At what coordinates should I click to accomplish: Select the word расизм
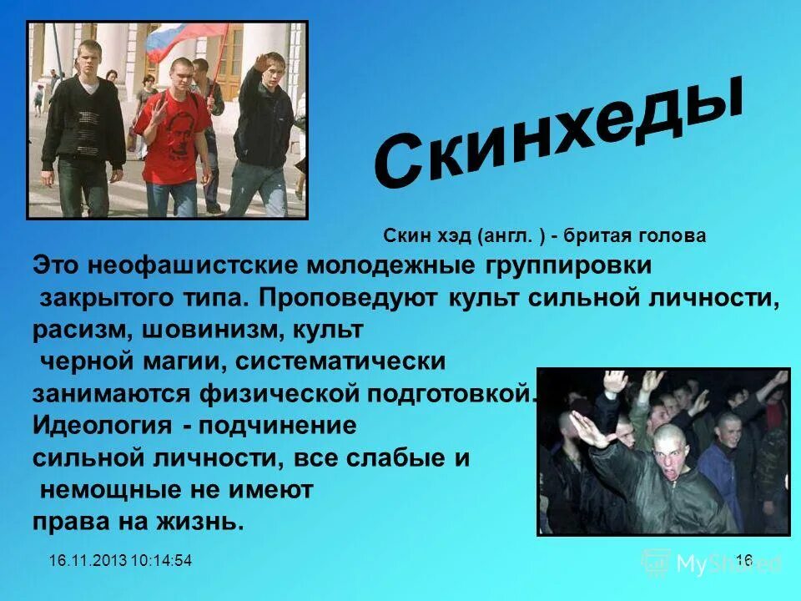click(x=77, y=330)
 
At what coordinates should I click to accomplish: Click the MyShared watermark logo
click(x=709, y=563)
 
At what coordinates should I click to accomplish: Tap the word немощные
click(x=134, y=490)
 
